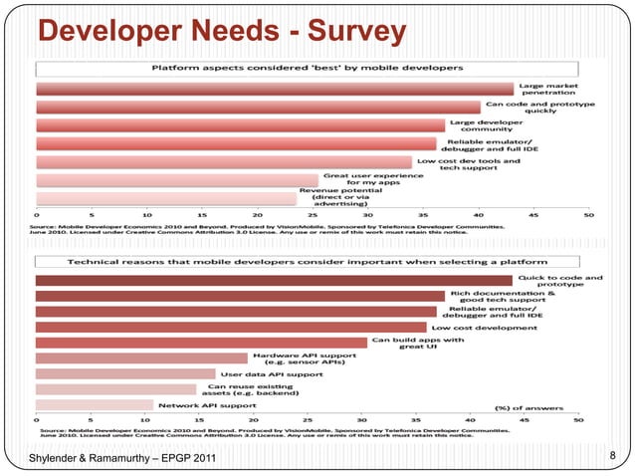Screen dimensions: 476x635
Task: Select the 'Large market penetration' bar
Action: [x=274, y=89]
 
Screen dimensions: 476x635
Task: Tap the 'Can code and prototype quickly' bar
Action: [x=258, y=107]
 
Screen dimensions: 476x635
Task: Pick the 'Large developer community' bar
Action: [x=240, y=124]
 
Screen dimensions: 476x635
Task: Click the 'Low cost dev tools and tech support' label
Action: [x=468, y=163]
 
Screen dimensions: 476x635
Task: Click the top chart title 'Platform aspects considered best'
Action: [x=307, y=68]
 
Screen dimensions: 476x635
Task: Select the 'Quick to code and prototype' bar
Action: [x=274, y=281]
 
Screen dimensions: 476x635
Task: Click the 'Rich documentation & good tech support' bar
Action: [x=240, y=296]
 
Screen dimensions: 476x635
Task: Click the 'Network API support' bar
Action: [x=95, y=405]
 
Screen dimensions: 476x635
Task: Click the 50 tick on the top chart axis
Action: [x=589, y=213]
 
